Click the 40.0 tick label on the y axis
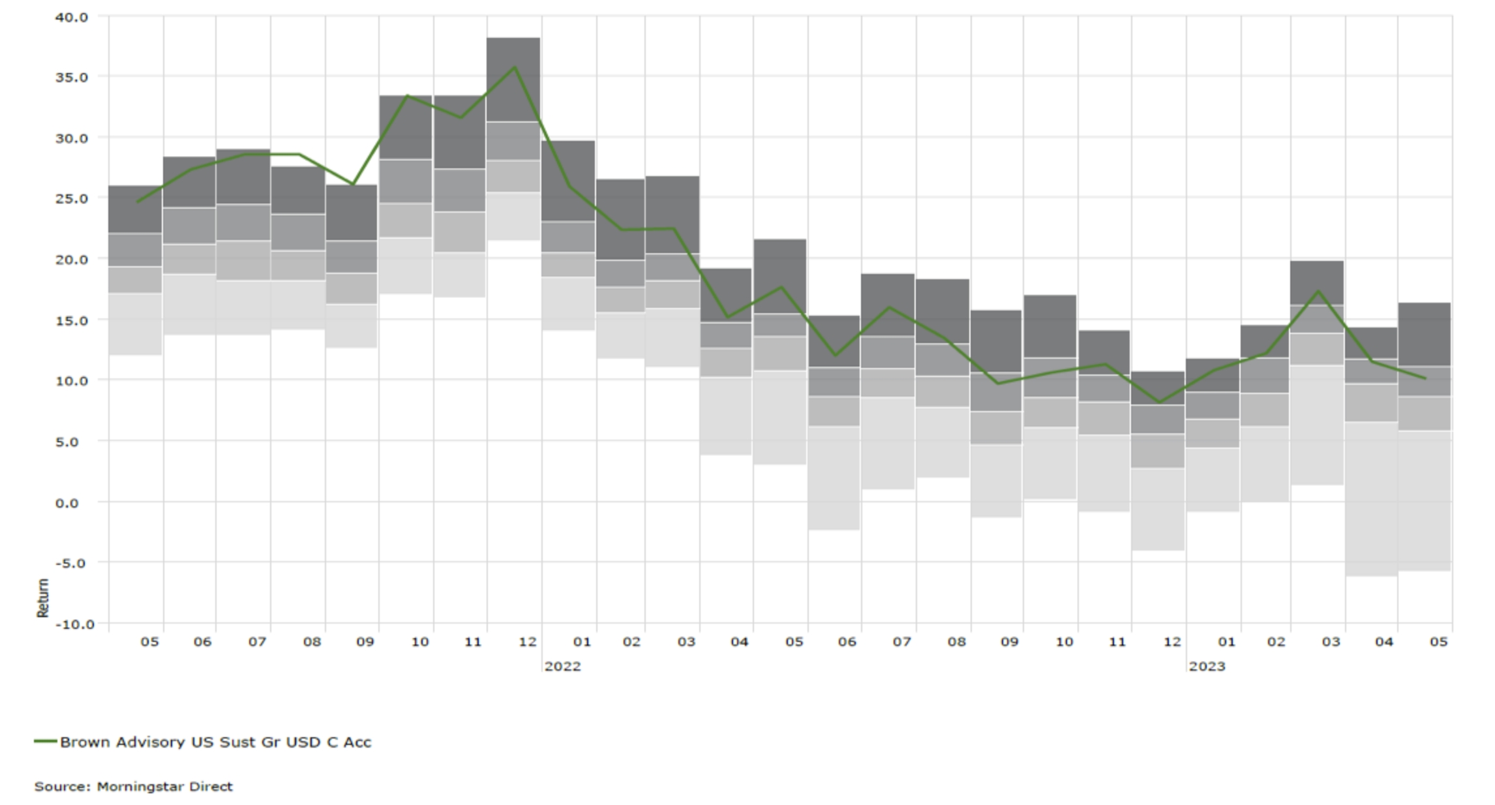(x=72, y=17)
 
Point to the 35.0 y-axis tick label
(x=72, y=77)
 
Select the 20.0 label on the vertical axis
(x=72, y=259)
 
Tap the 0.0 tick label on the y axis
(x=67, y=502)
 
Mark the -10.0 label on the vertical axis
(x=75, y=624)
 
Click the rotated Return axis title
(x=43, y=598)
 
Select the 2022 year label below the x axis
(x=562, y=666)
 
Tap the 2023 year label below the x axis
(x=1207, y=666)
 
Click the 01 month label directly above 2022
(x=582, y=642)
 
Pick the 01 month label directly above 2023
(x=1226, y=642)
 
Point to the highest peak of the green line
(x=515, y=67)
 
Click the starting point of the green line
(x=137, y=202)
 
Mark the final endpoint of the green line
(x=1425, y=378)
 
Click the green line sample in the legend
(x=46, y=741)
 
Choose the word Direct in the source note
(x=211, y=786)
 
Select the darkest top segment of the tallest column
(x=513, y=80)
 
